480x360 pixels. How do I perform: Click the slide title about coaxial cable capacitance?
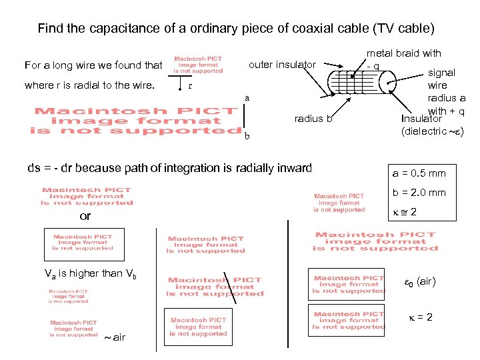click(x=235, y=29)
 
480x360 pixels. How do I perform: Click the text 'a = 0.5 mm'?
click(x=419, y=174)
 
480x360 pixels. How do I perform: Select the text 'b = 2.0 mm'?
click(x=419, y=193)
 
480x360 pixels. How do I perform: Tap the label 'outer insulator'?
click(x=282, y=65)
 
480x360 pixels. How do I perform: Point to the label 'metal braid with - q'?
click(x=403, y=59)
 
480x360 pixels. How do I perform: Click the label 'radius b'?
click(x=313, y=119)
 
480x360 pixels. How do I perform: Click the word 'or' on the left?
click(x=85, y=217)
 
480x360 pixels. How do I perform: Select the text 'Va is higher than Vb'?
click(x=90, y=273)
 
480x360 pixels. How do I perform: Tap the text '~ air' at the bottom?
click(x=114, y=337)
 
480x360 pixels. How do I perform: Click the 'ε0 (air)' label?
click(x=420, y=282)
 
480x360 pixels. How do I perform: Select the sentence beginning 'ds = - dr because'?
click(x=169, y=167)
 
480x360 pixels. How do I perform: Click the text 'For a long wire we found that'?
click(x=93, y=65)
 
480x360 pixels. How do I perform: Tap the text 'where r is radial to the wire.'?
click(x=89, y=85)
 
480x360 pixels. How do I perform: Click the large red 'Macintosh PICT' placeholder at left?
click(x=137, y=121)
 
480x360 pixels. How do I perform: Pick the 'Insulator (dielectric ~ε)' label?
click(x=431, y=125)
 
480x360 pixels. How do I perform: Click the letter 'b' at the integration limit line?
click(x=247, y=137)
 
